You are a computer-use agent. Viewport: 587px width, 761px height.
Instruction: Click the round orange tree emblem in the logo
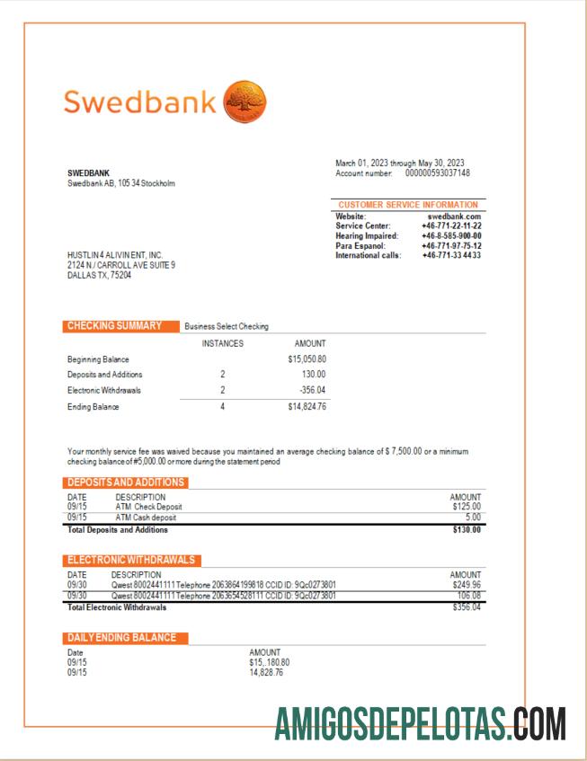[x=244, y=101]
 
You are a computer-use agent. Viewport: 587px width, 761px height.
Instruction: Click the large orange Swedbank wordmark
[x=139, y=102]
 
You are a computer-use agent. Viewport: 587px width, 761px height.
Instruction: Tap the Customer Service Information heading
[x=408, y=205]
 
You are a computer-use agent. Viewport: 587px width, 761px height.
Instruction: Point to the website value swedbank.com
[x=454, y=217]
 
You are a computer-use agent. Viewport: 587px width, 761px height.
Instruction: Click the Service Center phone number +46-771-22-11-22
[x=451, y=226]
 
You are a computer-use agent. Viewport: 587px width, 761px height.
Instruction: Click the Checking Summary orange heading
[x=114, y=325]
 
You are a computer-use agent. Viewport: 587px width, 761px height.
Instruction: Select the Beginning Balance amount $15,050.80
[x=307, y=359]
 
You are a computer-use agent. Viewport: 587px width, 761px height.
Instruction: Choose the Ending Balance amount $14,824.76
[x=307, y=406]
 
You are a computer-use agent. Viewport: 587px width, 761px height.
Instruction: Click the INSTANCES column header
[x=222, y=343]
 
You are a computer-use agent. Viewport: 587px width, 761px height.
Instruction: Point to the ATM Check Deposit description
[x=148, y=507]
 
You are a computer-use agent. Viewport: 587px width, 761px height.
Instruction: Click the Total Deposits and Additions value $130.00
[x=467, y=529]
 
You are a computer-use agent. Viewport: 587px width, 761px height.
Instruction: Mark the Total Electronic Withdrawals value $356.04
[x=467, y=607]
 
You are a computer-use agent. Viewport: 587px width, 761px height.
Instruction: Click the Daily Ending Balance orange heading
[x=127, y=637]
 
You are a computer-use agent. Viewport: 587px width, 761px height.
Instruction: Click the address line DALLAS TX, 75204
[x=99, y=276]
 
